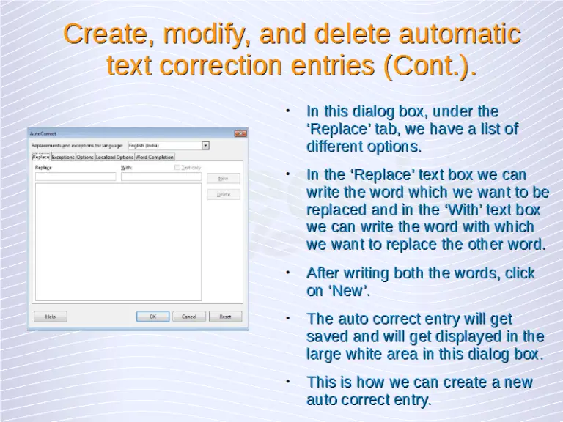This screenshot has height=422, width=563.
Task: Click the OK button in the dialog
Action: tap(153, 316)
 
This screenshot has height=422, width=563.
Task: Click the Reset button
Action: tap(225, 316)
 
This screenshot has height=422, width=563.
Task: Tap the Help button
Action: tap(50, 316)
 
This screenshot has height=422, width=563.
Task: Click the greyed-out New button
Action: tap(224, 178)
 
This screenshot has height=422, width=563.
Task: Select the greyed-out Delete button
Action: tap(224, 194)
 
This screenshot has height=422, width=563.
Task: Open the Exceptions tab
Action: tap(63, 157)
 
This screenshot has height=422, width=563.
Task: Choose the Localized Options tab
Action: tap(114, 157)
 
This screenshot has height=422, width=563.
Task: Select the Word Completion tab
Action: tap(155, 157)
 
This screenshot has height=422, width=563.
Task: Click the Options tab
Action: tap(85, 157)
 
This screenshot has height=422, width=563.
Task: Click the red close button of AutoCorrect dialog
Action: tap(240, 133)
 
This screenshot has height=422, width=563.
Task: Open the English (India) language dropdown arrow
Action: tap(205, 145)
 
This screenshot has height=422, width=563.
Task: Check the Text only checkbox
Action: tap(177, 168)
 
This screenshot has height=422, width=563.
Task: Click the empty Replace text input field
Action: tap(75, 177)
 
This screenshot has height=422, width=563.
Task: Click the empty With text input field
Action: tap(161, 177)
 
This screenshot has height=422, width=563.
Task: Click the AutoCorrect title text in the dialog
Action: tap(42, 133)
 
